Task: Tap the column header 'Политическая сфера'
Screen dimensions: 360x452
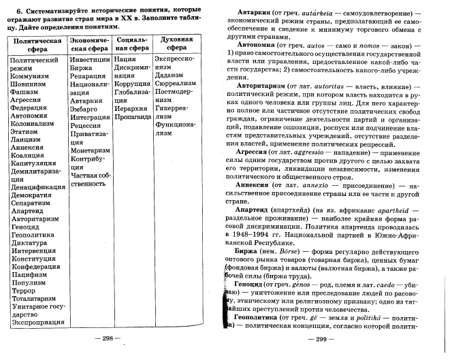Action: point(33,44)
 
